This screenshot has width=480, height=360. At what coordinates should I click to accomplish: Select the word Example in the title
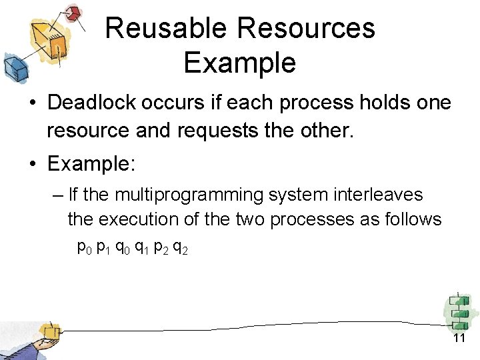(239, 63)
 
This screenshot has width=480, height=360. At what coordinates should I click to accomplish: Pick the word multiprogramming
(191, 195)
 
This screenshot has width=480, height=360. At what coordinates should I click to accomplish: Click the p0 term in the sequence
(85, 248)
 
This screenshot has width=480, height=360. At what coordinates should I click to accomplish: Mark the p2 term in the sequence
(161, 248)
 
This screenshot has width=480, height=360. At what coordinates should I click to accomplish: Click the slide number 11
(459, 339)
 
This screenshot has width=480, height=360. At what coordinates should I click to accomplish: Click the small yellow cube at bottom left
(49, 331)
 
